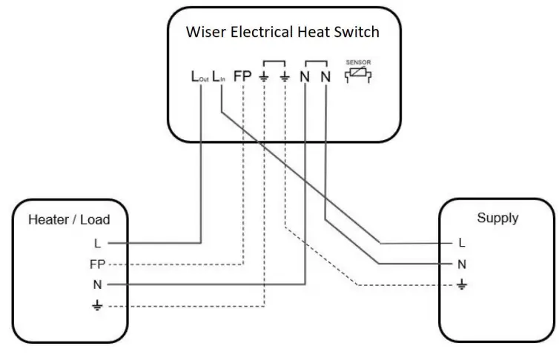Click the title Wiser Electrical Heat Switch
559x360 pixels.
point(283,32)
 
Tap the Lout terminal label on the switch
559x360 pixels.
point(199,76)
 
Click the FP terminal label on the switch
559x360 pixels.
point(243,76)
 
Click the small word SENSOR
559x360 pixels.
point(357,62)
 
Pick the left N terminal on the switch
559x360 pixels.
point(305,76)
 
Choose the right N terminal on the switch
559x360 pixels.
point(325,76)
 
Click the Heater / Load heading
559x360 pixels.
point(68,220)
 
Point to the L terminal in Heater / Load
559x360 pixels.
point(97,242)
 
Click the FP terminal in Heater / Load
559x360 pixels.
point(97,264)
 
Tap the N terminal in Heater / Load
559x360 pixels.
point(97,284)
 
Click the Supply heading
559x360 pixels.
point(497,219)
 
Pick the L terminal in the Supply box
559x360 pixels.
point(462,242)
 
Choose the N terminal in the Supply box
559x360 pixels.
point(462,264)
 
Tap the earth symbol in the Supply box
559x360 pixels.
point(462,284)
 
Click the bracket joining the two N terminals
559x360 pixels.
point(315,61)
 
